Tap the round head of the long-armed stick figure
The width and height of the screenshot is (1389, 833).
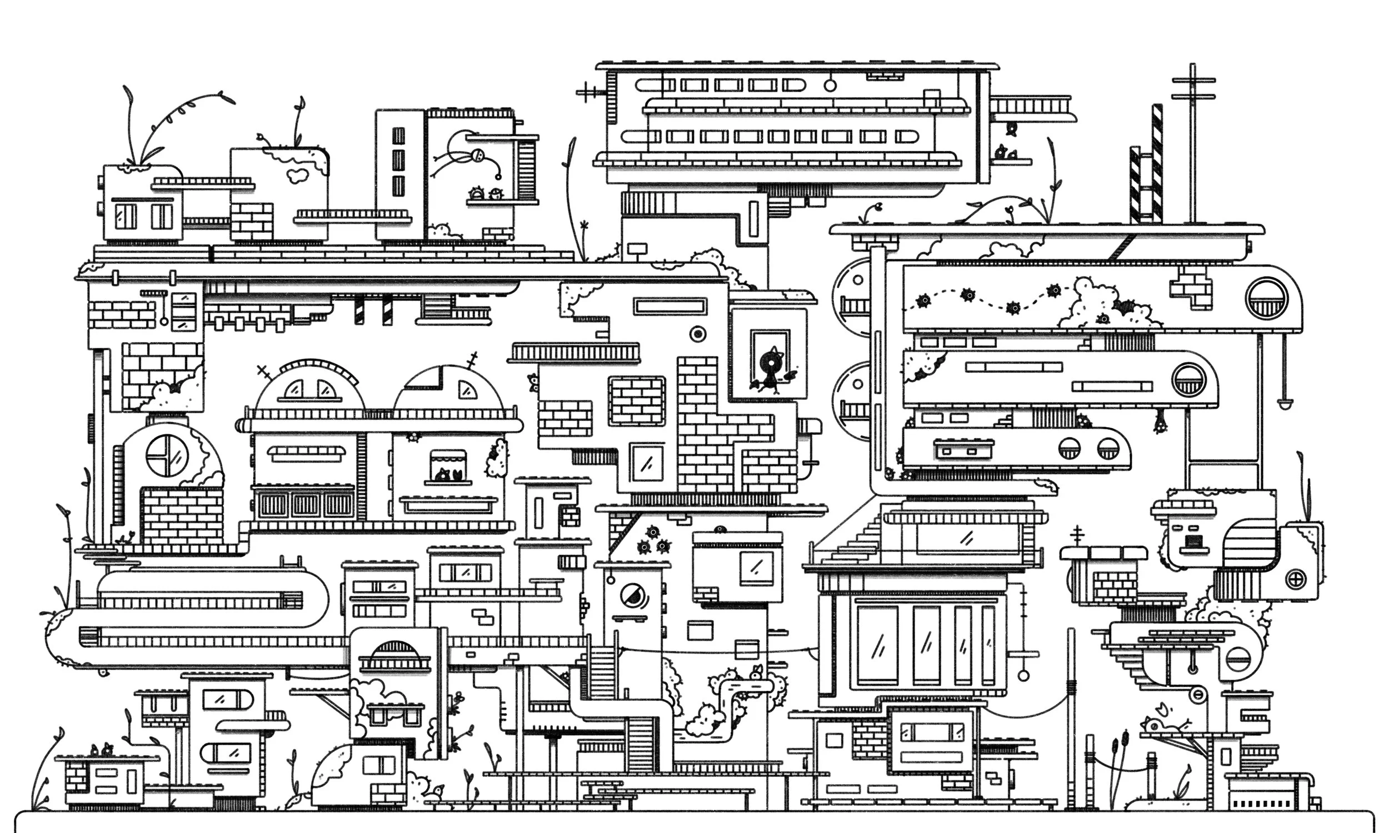coord(477,155)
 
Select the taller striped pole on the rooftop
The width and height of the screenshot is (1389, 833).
coord(1157,163)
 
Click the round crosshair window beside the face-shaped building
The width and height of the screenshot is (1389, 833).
coord(1295,579)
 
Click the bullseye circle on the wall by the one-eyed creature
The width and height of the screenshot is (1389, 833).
coord(698,334)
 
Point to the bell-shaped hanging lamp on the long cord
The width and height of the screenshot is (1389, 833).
coord(1285,402)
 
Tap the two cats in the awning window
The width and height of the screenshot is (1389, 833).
coord(448,475)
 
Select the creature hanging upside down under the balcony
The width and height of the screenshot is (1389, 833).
coord(1159,422)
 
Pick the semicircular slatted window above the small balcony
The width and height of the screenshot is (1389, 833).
coord(394,651)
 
